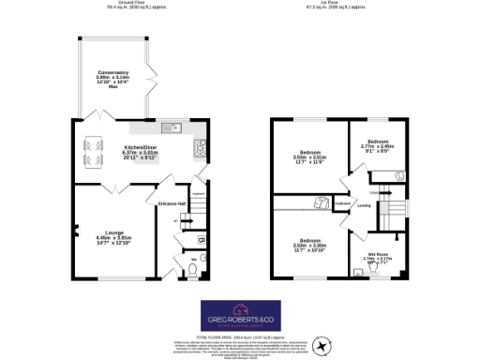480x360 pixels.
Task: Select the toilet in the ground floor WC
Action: (191, 270)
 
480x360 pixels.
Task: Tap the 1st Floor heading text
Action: (340, 4)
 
